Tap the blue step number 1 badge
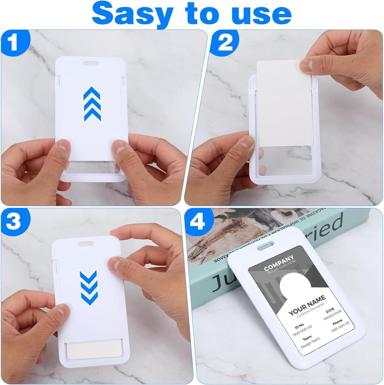14,42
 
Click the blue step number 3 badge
14,220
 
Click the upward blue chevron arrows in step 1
92,104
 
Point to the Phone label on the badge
337,321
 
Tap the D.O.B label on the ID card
330,311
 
